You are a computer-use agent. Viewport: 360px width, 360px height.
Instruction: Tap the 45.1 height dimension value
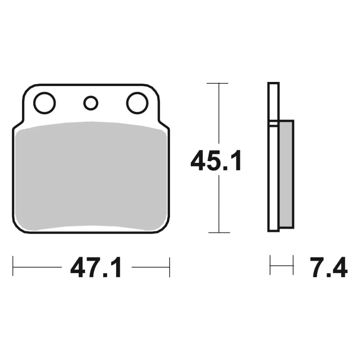coord(216,160)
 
